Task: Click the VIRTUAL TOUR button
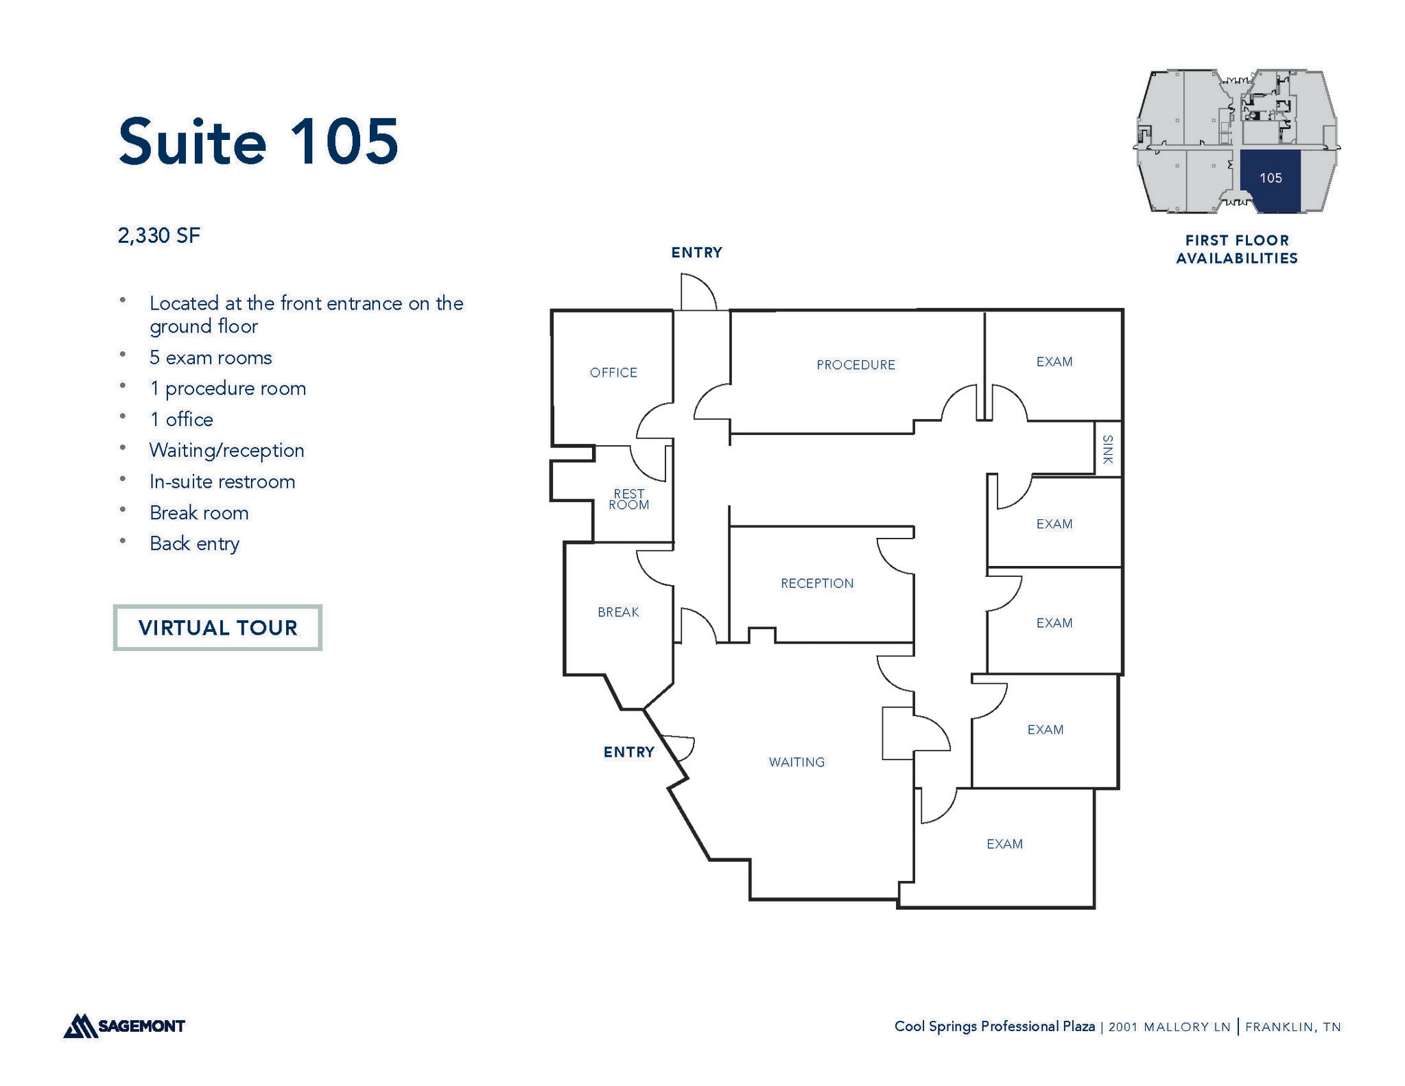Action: tap(217, 628)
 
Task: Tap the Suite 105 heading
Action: tap(258, 142)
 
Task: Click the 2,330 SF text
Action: tap(159, 236)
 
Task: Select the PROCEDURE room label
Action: tap(855, 365)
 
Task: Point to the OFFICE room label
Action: tap(613, 373)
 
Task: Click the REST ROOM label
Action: tap(628, 499)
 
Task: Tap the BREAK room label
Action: tap(618, 612)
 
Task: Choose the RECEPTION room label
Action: tap(817, 583)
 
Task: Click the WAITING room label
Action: tap(796, 762)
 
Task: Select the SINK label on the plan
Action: tap(1107, 449)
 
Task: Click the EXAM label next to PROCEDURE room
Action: tap(1054, 362)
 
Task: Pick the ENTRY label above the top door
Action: tap(696, 252)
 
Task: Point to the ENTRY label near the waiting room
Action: tap(628, 752)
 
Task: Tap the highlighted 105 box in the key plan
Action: tap(1270, 178)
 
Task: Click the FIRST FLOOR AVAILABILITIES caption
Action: tap(1236, 249)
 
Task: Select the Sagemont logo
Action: tap(125, 1026)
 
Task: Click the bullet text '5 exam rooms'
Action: tap(211, 358)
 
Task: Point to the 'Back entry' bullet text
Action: tap(194, 544)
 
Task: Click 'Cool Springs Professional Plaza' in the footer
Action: tap(994, 1026)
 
